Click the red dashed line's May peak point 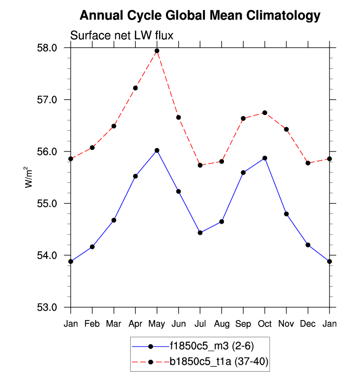(157, 51)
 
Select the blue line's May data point (157, 150)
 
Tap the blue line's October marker (265, 158)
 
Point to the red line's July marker (200, 165)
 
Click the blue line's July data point (200, 233)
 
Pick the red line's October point (265, 113)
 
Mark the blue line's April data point (136, 176)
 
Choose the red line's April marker (136, 88)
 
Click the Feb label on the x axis (92, 324)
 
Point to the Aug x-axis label (222, 324)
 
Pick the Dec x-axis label (308, 324)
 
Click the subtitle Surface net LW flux (122, 35)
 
